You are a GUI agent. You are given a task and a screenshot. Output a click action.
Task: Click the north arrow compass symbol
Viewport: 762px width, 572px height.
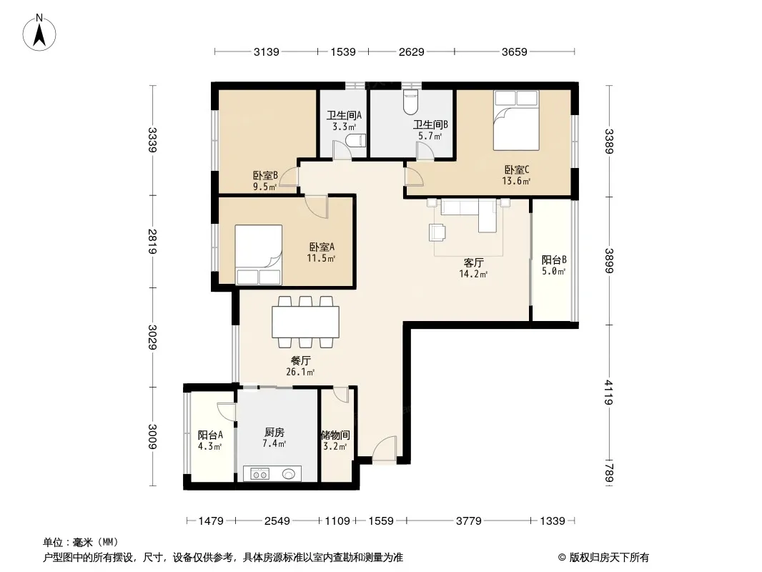click(39, 33)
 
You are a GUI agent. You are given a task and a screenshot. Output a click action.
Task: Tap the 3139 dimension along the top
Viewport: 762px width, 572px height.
click(267, 51)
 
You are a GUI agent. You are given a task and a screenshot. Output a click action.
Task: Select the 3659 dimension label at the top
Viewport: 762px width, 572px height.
click(514, 51)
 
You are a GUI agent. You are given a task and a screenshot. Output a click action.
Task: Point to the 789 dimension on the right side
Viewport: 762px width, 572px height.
click(609, 473)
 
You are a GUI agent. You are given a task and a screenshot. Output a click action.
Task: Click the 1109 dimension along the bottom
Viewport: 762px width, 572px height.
click(337, 521)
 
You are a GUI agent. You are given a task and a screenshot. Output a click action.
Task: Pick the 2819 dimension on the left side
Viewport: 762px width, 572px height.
click(153, 241)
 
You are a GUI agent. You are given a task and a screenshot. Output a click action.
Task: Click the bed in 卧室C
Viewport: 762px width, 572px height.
click(516, 120)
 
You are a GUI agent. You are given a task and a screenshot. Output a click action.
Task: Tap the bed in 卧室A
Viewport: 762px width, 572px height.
click(259, 255)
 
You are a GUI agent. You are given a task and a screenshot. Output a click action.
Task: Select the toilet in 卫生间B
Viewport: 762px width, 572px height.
click(411, 101)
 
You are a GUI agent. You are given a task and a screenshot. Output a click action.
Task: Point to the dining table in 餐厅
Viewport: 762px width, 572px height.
click(306, 322)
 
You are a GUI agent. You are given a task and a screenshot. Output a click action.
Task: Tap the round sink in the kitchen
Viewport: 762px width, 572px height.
click(289, 473)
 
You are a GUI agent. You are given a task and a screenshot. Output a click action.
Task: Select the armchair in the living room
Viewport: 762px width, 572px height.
click(437, 232)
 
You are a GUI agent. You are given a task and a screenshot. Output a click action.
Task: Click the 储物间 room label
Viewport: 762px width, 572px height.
click(335, 435)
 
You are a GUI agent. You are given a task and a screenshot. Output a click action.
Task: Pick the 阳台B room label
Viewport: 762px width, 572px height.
click(554, 260)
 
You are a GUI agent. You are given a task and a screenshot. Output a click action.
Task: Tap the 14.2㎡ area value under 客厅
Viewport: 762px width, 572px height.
click(473, 274)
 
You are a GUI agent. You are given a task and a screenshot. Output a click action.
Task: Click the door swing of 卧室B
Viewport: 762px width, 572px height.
click(289, 177)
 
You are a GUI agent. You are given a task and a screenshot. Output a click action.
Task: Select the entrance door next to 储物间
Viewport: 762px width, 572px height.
click(385, 448)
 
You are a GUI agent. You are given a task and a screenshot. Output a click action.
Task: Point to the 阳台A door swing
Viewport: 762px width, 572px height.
click(227, 413)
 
